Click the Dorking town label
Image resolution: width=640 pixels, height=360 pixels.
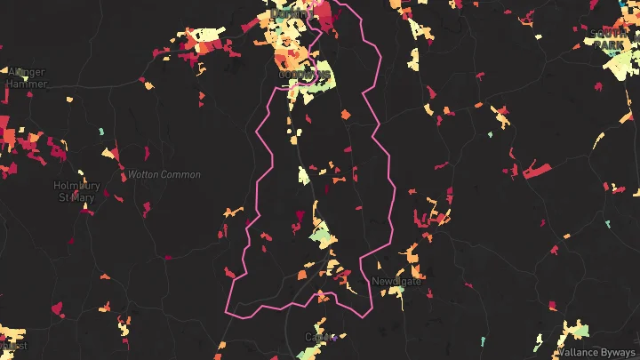tap(290, 13)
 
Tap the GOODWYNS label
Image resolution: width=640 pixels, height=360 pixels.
tap(304, 75)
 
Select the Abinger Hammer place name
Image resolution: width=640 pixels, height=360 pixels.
tap(27, 78)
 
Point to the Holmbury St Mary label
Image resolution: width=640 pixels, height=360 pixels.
tap(75, 190)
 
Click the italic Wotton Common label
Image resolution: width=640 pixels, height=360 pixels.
tap(164, 174)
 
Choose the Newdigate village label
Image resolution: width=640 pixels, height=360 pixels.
tap(396, 281)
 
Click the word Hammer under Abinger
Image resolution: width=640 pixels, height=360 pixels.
tap(27, 84)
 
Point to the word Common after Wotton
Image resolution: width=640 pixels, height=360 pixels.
tap(181, 174)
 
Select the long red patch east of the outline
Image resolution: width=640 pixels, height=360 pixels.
tap(539, 169)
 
